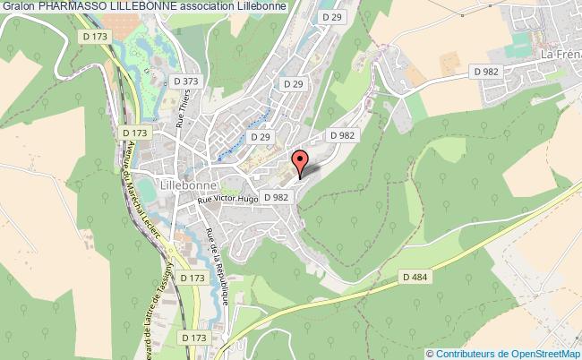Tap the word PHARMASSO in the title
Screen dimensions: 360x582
67,5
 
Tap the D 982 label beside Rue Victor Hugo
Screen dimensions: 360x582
276,197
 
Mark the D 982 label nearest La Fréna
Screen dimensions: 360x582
486,71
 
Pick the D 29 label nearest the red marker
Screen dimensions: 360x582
260,136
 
